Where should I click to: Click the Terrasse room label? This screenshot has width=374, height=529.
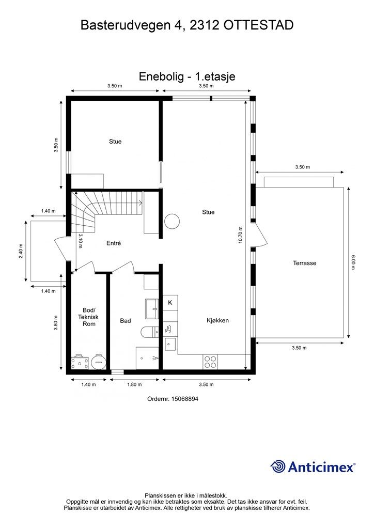click(305, 263)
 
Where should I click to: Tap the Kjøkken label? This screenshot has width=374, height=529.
click(217, 320)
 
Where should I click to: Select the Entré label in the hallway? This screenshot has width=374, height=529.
click(113, 243)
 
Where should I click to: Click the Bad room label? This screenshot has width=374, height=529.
click(126, 321)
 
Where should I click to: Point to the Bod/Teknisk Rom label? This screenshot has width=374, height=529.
click(89, 317)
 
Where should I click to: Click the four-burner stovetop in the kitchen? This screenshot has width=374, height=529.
click(210, 362)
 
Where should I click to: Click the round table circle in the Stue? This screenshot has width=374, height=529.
click(172, 222)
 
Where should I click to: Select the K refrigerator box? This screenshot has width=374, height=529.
click(170, 303)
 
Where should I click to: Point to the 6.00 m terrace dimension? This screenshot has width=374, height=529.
click(353, 262)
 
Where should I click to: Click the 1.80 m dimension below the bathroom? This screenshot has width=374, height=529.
click(134, 384)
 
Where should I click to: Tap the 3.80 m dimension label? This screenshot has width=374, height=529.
click(56, 323)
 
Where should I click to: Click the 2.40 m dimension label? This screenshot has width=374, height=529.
click(21, 251)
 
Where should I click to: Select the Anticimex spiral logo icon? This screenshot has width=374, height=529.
click(278, 466)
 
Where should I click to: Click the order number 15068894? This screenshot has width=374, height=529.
click(185, 399)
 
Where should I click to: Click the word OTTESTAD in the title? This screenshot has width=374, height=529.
click(258, 25)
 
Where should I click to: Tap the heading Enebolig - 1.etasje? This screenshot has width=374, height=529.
click(187, 76)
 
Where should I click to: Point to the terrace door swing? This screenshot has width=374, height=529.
click(260, 235)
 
